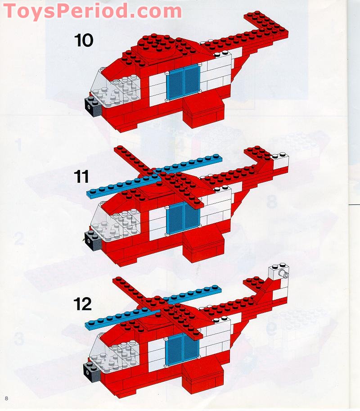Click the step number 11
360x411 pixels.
82,177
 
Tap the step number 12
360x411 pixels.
83,304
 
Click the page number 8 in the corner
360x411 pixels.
6,398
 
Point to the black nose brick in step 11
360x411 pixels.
92,240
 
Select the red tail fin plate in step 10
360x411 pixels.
265,26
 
